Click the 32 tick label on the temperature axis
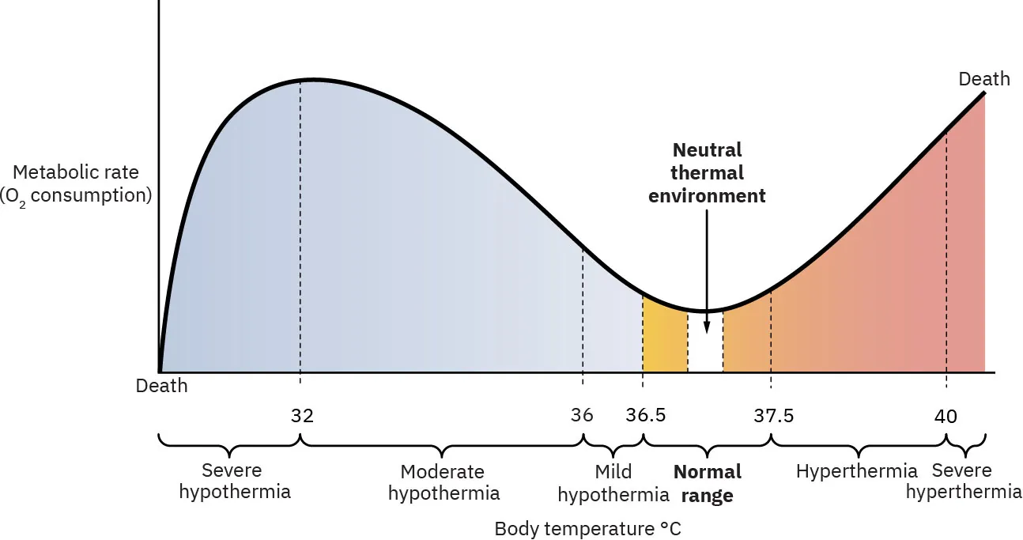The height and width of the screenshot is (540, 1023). coord(302,416)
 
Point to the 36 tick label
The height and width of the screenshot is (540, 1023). coord(582,416)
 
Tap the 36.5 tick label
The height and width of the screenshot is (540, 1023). coord(646,416)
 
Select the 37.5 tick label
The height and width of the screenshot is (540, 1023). coord(773,416)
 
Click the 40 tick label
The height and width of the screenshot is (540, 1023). coord(946,416)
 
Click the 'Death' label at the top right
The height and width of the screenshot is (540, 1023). coord(983,79)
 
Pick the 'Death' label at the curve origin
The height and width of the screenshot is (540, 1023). coord(162,387)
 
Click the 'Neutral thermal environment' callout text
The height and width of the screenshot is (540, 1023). coord(707,172)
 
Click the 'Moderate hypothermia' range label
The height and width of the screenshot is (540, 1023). coord(443,482)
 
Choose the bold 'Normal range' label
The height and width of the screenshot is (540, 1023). coord(707,484)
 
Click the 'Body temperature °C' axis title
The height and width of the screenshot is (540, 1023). coord(587,529)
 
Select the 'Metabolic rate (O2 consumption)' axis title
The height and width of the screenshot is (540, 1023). coord(76,183)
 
